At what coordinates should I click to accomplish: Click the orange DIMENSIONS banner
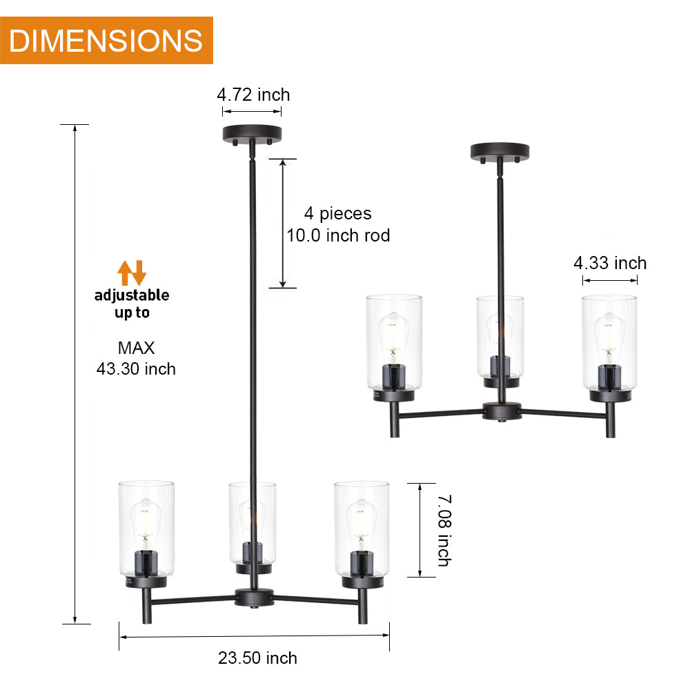pos(106,40)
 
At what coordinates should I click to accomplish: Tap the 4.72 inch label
pos(253,95)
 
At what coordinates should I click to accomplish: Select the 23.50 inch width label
pos(257,658)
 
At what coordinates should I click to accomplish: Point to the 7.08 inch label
pos(443,530)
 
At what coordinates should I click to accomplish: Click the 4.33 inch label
pos(610,263)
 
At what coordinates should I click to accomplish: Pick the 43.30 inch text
pos(136,369)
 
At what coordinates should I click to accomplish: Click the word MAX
pos(136,348)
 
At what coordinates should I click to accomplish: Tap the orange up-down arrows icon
pos(131,273)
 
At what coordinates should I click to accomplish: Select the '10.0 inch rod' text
pos(338,236)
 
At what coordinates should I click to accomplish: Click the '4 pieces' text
pos(338,214)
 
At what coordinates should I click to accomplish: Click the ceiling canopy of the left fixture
pos(252,133)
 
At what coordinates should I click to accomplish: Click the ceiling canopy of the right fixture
pos(499,151)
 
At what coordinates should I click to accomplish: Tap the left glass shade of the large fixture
pos(146,528)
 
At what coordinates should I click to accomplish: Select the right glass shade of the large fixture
pos(362,528)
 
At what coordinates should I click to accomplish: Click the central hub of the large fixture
pos(254,598)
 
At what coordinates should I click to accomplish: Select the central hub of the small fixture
pos(501,411)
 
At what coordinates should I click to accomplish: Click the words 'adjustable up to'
pos(132,304)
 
